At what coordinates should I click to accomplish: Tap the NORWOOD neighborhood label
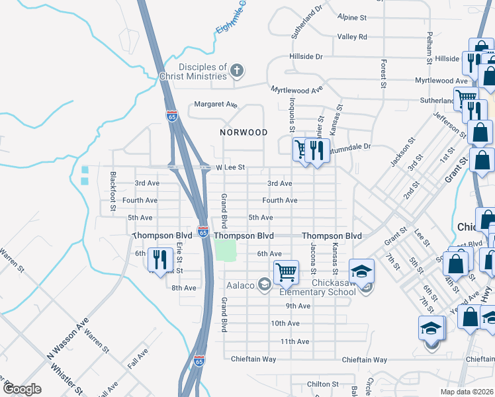244,132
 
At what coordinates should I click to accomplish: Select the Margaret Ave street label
215,105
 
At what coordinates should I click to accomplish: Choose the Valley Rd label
352,37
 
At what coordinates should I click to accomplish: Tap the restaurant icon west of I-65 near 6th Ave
157,258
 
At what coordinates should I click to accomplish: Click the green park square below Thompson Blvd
226,250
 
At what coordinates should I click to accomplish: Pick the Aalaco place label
240,285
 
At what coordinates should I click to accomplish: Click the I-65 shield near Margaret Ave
172,116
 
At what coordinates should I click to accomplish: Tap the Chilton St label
323,384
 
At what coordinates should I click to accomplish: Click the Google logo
21,389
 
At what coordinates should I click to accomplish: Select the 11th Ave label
295,341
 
